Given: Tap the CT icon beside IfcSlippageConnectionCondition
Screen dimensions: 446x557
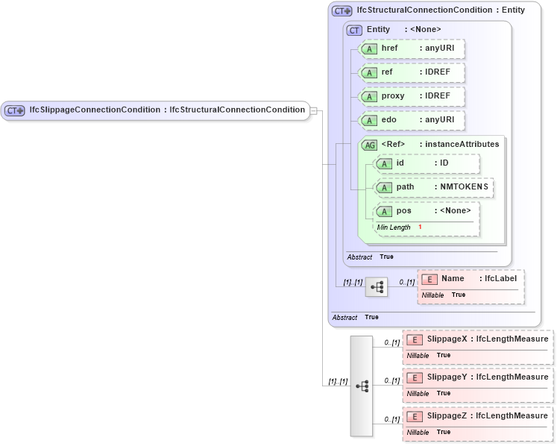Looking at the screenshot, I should (15, 110).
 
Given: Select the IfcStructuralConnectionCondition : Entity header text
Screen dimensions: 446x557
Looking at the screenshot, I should (440, 10).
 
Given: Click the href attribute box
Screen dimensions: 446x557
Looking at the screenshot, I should (412, 49).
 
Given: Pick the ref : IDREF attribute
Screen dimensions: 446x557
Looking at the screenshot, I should (412, 73).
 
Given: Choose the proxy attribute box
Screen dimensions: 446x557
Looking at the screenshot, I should (412, 97).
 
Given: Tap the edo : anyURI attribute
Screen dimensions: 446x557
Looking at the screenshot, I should (412, 121).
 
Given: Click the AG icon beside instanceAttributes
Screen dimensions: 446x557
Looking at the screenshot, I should (369, 145).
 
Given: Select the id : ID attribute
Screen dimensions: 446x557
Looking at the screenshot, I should (427, 163).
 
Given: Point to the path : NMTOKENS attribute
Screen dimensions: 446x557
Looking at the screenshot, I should (434, 187).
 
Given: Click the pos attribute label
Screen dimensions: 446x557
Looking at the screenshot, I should (403, 211).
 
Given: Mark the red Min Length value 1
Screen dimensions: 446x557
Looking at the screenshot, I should (420, 227).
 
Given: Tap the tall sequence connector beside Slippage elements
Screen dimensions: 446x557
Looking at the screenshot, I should (362, 386).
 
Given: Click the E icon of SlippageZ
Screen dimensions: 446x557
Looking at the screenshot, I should (415, 416).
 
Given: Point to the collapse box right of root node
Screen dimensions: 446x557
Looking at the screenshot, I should (314, 110).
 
